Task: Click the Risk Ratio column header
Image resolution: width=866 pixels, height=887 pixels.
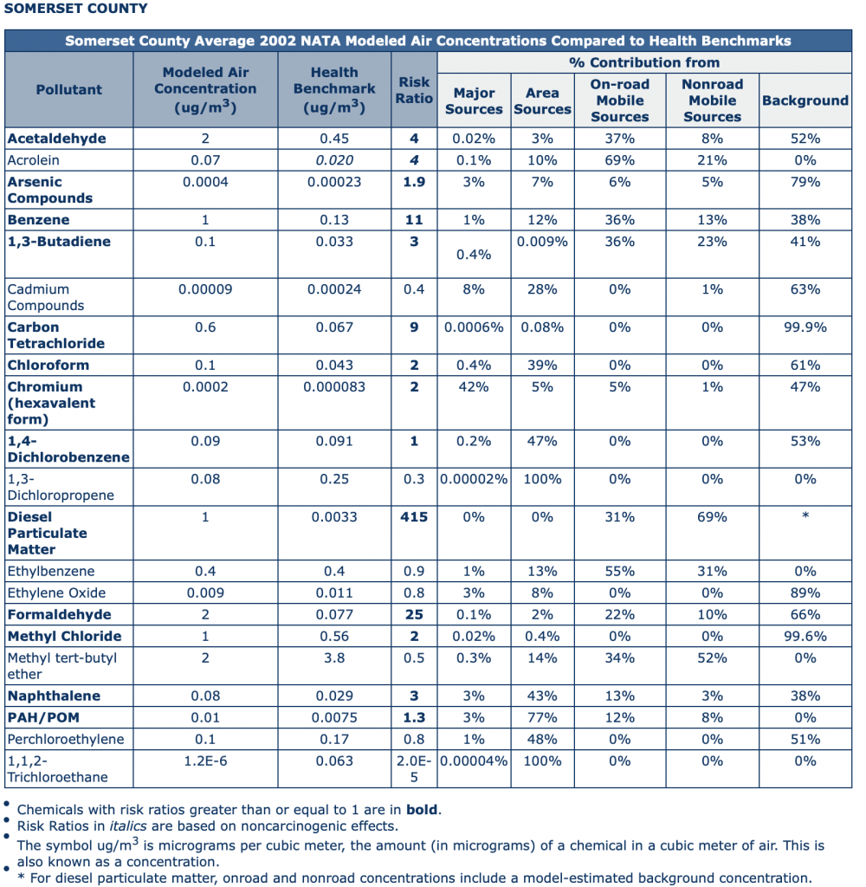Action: tap(414, 90)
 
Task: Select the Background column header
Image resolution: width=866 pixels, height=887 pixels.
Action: tap(805, 100)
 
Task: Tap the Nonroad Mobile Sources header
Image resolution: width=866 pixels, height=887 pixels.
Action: tap(712, 100)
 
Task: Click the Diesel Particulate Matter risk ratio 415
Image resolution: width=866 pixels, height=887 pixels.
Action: tap(414, 517)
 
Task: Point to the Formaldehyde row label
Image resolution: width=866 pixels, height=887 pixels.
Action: tap(60, 614)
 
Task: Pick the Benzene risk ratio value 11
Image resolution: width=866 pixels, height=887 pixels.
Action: tap(414, 219)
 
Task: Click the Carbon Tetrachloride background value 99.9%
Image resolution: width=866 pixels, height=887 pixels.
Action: tap(805, 327)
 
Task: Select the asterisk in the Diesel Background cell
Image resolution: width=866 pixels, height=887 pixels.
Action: tap(805, 515)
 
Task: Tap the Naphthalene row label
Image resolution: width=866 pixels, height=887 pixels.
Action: tap(54, 696)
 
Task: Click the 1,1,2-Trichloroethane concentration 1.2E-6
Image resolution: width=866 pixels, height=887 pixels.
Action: tap(205, 761)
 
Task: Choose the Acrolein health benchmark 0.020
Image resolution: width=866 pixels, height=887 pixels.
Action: tap(334, 160)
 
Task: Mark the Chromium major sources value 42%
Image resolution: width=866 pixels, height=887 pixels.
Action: tap(474, 387)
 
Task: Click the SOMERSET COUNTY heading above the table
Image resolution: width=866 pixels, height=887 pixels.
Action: tap(76, 9)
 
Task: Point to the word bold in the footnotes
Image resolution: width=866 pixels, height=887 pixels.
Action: tap(422, 810)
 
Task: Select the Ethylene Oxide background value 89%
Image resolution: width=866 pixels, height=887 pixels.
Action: tap(805, 592)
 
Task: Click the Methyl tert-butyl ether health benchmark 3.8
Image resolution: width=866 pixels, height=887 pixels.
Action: tap(334, 658)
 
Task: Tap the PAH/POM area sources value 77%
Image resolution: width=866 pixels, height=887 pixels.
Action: tap(542, 717)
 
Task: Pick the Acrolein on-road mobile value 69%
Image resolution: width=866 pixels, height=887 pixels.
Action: tap(620, 160)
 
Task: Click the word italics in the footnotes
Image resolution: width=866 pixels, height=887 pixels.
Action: tap(128, 825)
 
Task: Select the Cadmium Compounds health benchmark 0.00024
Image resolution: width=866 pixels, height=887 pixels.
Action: tap(334, 289)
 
